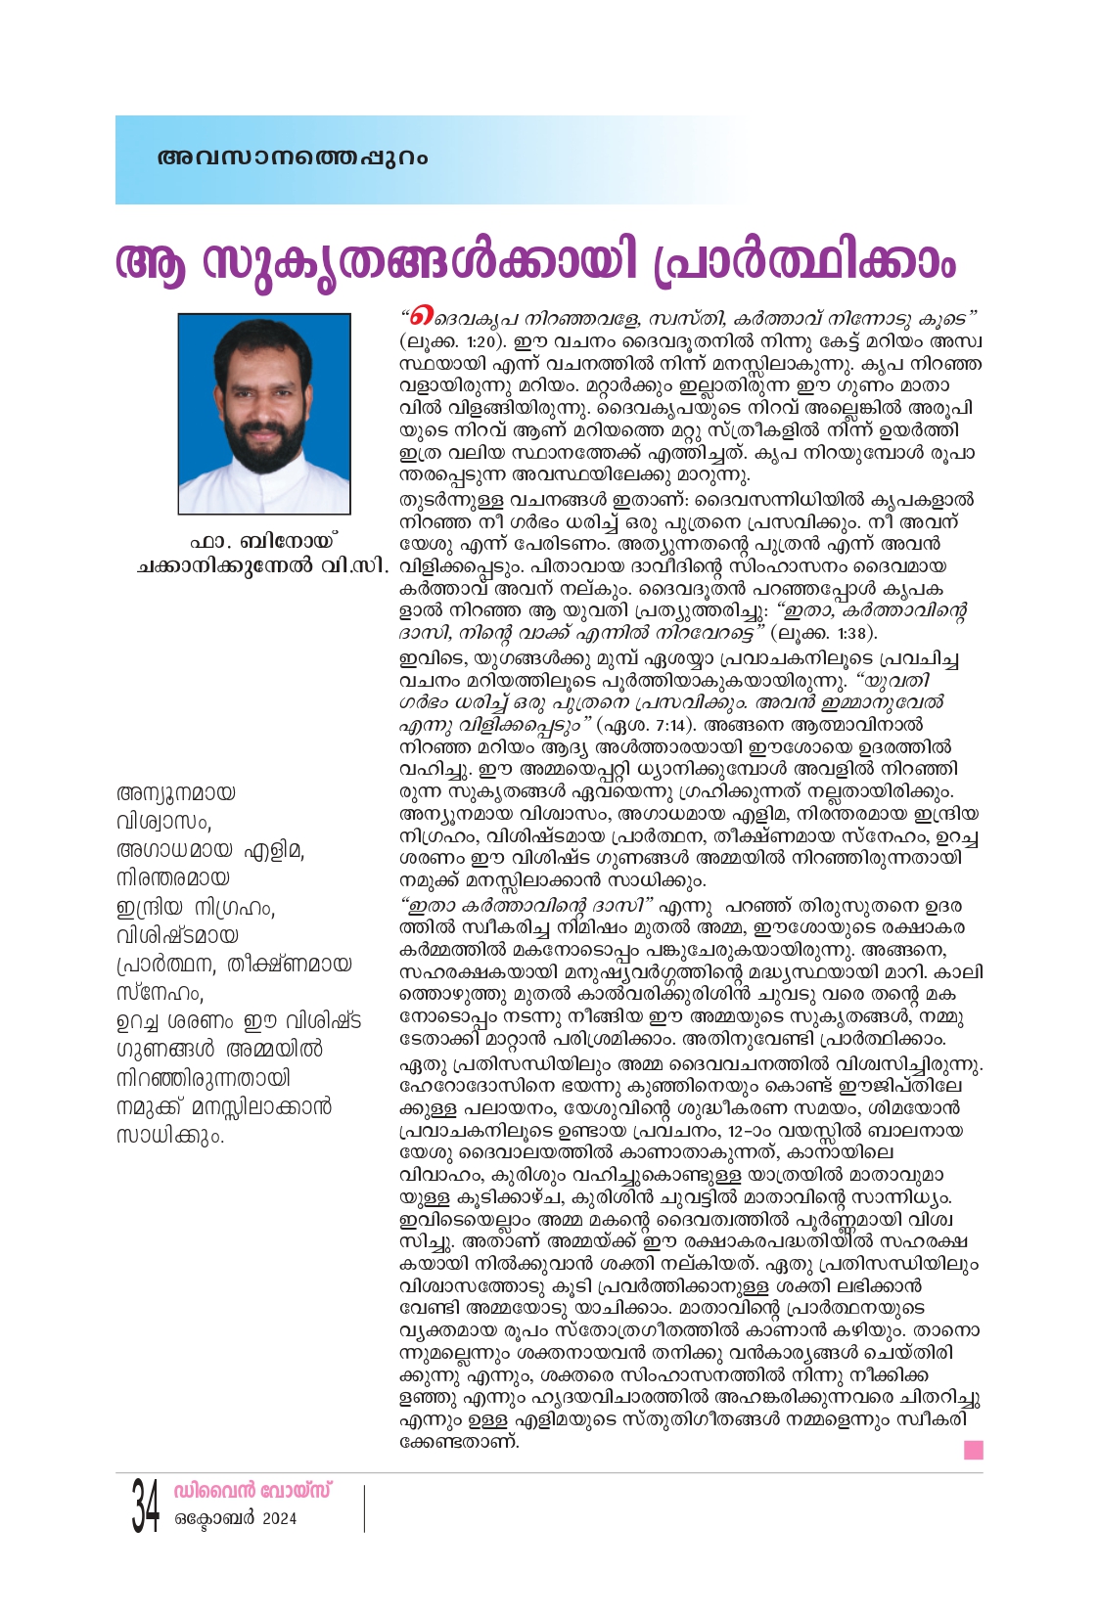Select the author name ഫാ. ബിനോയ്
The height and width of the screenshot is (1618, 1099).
263,540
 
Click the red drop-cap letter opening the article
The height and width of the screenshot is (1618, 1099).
421,318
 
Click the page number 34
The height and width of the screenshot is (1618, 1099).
146,1506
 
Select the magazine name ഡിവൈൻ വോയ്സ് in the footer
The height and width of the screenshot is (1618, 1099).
252,1491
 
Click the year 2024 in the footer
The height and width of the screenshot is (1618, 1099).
279,1519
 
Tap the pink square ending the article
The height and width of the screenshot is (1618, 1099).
973,1450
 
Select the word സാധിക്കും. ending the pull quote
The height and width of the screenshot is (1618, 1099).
170,1136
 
